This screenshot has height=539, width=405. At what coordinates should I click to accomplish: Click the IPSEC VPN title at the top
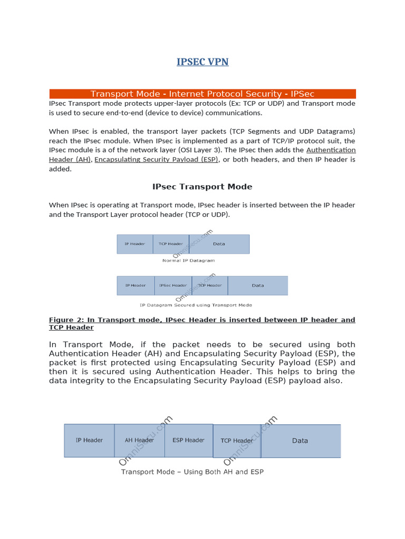(202, 62)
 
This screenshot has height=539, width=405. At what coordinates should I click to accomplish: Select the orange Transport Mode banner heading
(202, 94)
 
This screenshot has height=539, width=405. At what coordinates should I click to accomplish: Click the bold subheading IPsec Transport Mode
(202, 187)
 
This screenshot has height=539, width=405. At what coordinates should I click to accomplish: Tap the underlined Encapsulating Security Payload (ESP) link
(157, 159)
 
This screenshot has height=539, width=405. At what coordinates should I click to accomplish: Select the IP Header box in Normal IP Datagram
(134, 244)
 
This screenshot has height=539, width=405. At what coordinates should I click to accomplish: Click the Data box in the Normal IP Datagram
(219, 244)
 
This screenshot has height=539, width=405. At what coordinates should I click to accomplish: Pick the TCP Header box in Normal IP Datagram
(171, 244)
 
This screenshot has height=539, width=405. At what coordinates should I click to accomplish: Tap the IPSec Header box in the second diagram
(172, 285)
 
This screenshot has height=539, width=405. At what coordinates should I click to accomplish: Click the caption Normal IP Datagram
(188, 261)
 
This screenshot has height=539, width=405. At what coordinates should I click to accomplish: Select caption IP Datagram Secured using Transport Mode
(196, 305)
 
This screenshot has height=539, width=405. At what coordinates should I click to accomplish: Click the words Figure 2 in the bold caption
(66, 320)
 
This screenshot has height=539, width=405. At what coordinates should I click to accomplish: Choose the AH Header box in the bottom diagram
(139, 441)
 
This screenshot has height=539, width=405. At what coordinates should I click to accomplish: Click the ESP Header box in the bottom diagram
(188, 441)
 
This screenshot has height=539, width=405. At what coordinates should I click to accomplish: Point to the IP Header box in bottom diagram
(89, 441)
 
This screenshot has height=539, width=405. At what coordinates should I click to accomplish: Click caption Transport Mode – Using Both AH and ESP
(192, 472)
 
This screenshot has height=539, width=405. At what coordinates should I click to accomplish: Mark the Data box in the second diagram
(258, 285)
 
